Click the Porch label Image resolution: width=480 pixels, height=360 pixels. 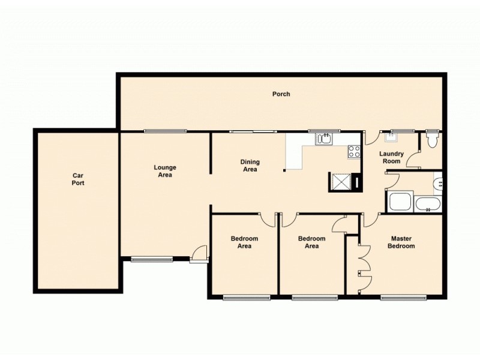click(x=281, y=94)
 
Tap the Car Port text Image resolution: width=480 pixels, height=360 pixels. click(x=78, y=179)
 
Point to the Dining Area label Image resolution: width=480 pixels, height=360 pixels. click(x=250, y=166)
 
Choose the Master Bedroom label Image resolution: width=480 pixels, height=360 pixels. click(x=401, y=242)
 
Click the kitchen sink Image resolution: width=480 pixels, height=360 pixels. click(x=324, y=139)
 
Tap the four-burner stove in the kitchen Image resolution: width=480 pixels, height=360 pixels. click(x=353, y=152)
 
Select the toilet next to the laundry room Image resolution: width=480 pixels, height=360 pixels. click(x=432, y=140)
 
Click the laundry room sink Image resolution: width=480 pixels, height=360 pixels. click(x=394, y=136)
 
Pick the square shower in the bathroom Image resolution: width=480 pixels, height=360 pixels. click(x=400, y=202)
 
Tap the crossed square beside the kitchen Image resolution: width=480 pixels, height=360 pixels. click(x=341, y=181)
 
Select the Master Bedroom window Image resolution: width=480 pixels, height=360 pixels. click(x=403, y=297)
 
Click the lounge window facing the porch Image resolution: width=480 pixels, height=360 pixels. click(x=165, y=131)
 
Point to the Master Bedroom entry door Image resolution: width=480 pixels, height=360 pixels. click(x=369, y=220)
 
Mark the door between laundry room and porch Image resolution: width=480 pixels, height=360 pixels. click(x=372, y=137)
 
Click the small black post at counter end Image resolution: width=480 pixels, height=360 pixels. click(x=285, y=170)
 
